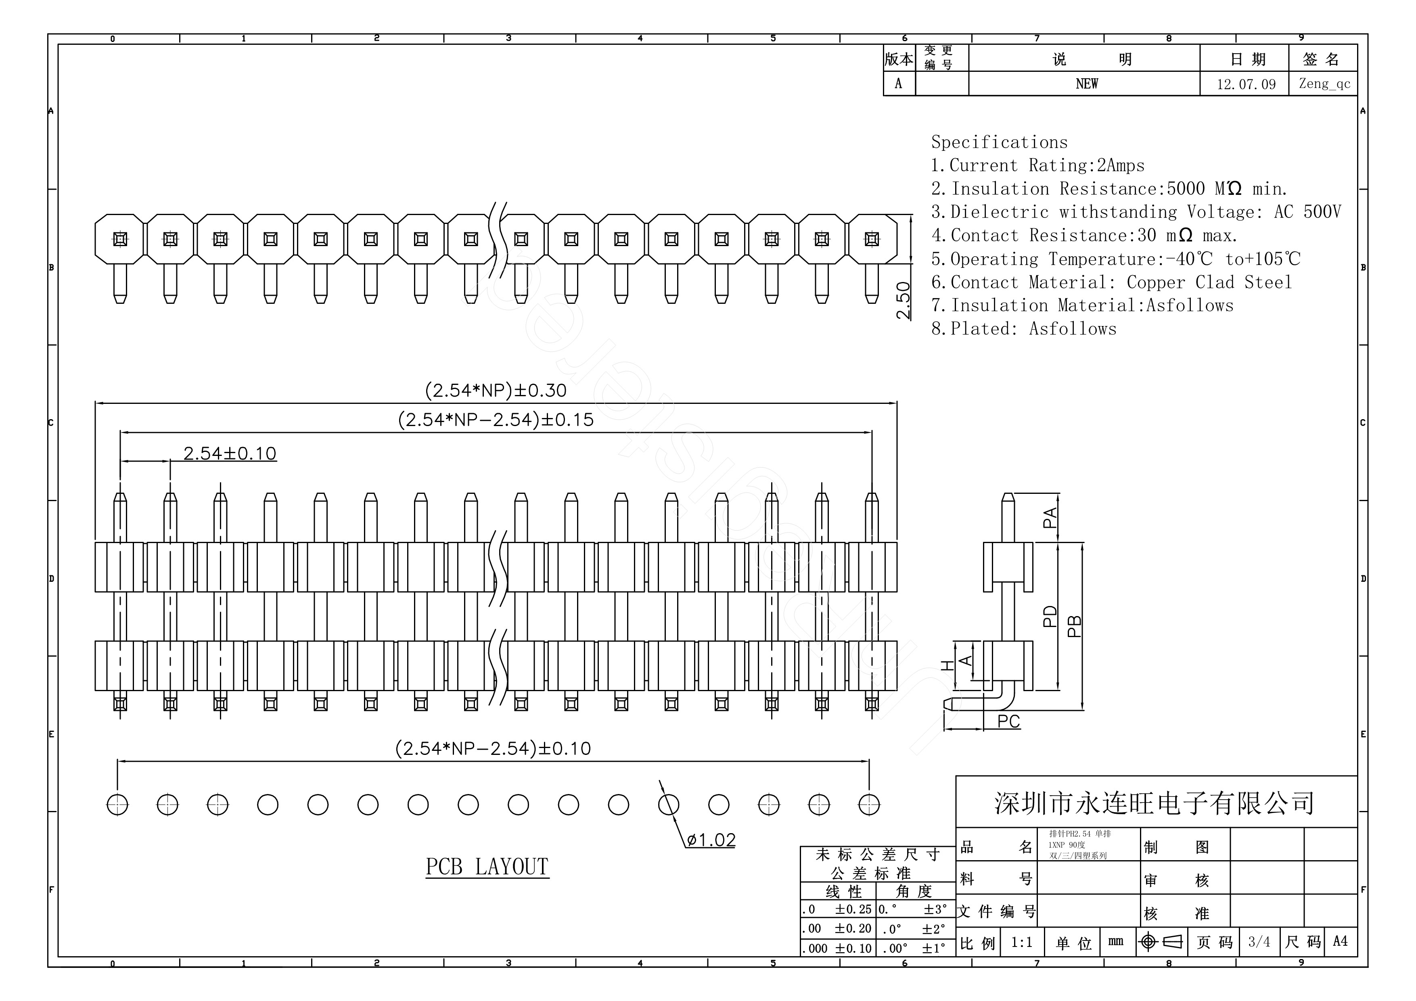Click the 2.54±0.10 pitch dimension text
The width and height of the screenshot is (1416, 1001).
pos(230,453)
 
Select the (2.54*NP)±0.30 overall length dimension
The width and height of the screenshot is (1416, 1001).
pos(495,391)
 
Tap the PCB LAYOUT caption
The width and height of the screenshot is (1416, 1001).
pos(487,867)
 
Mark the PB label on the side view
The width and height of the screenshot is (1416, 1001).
pos(1074,626)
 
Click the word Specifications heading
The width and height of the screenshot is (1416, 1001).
pos(999,142)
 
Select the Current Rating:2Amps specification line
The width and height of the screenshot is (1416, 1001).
pos(1037,165)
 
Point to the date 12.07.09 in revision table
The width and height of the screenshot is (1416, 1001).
pos(1246,84)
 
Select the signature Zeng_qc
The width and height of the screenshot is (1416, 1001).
pos(1324,84)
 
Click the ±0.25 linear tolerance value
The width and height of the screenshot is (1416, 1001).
pos(853,909)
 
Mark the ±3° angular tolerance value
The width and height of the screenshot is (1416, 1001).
pos(935,909)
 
